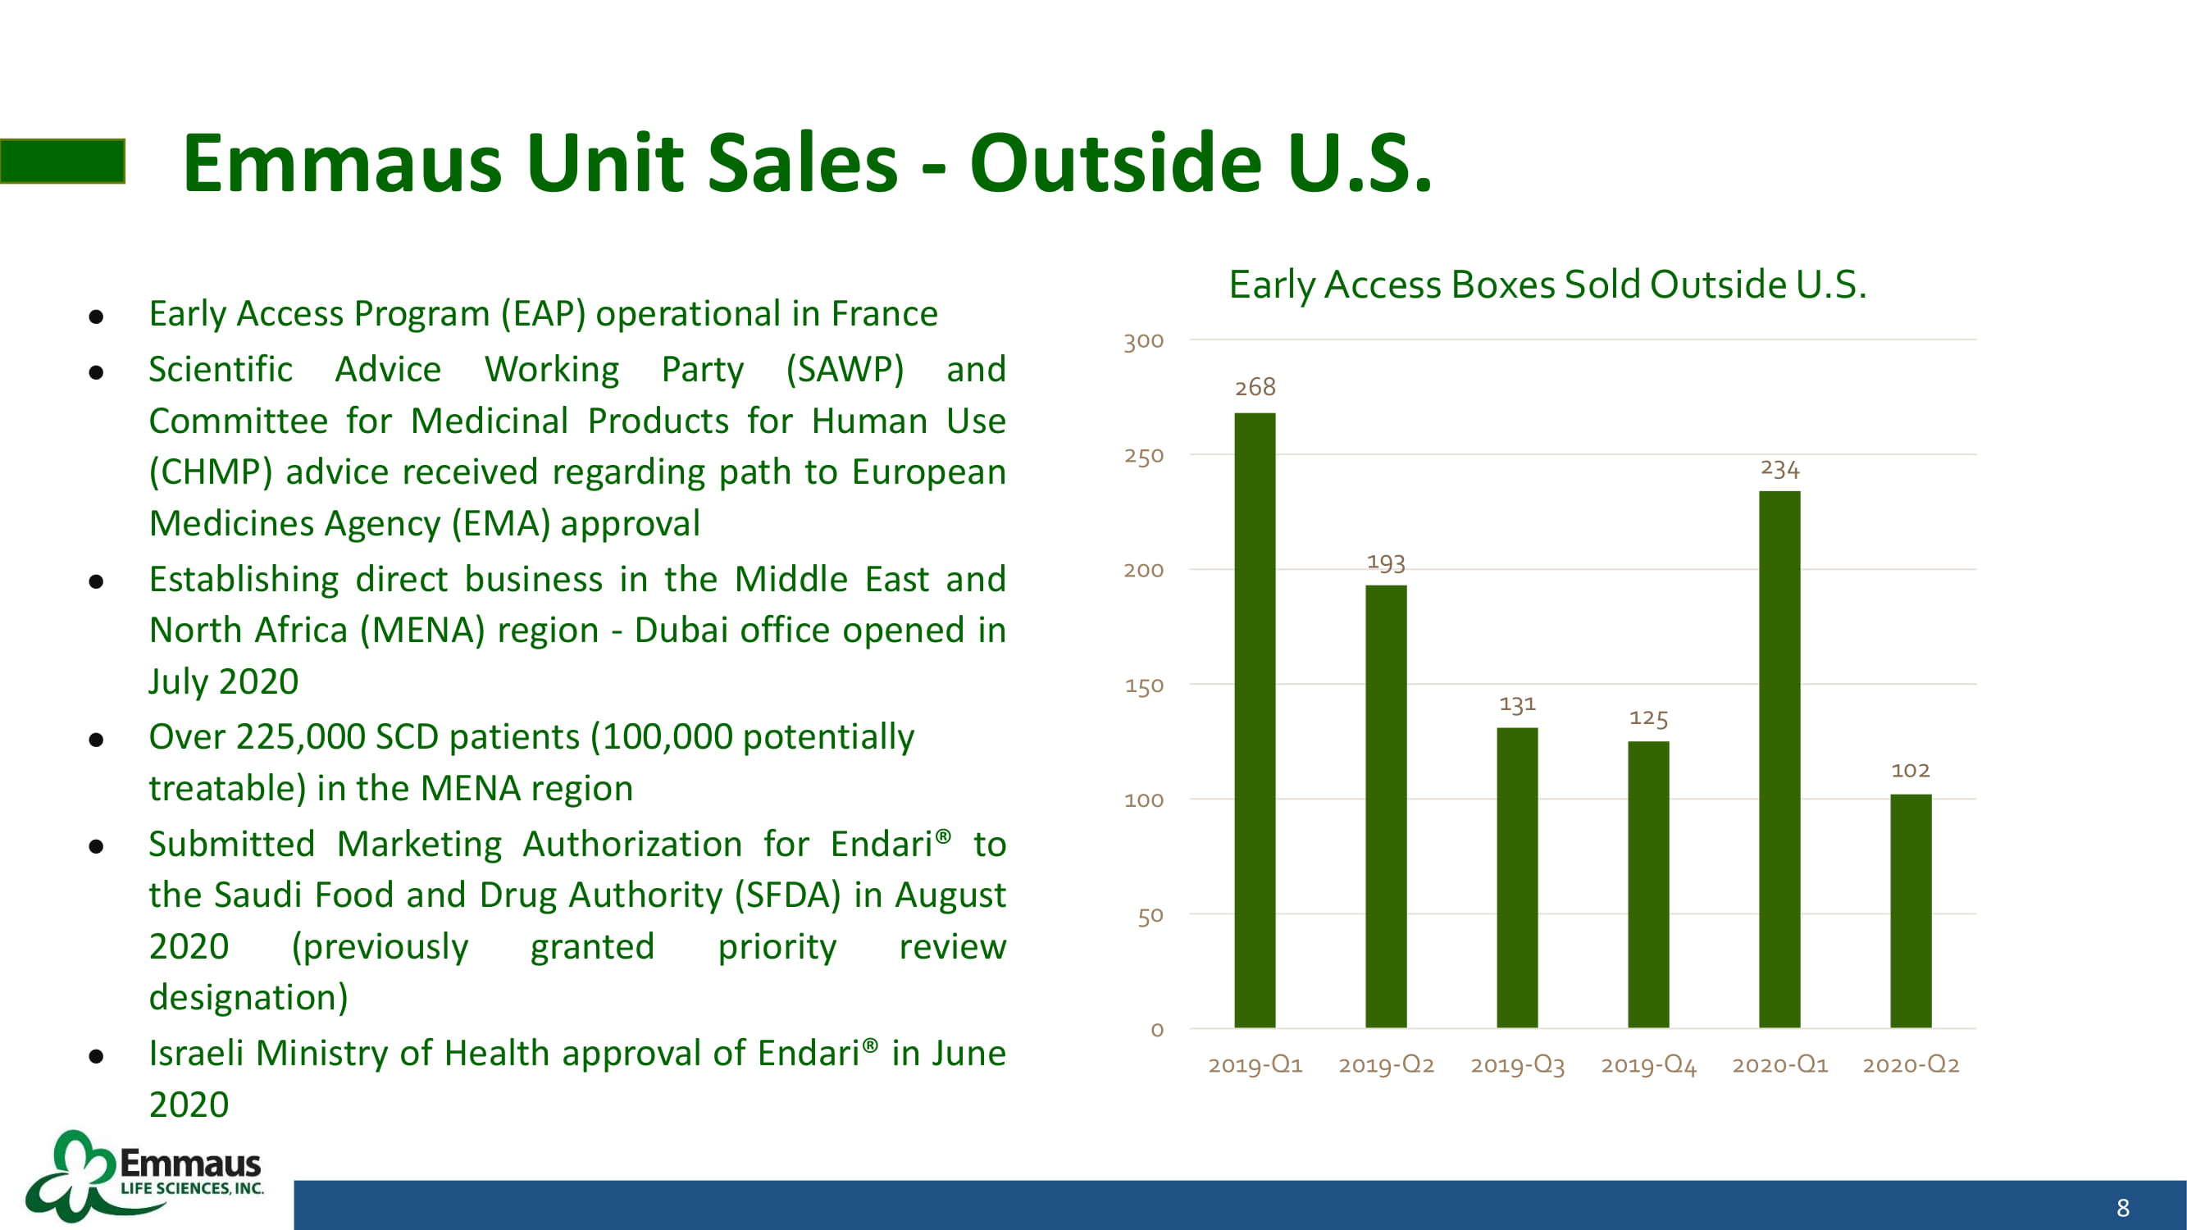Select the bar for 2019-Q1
[x=1255, y=720]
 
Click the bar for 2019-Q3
[x=1517, y=877]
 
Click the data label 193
[x=1386, y=563]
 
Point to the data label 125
[x=1648, y=718]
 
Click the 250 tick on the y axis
[x=1144, y=456]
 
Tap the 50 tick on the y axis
[x=1150, y=916]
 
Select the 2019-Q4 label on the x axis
[x=1648, y=1064]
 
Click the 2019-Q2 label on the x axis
[x=1386, y=1064]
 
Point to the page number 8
[x=2122, y=1207]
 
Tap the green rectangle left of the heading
[x=63, y=161]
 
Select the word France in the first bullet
[x=884, y=313]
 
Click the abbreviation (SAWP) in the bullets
[x=845, y=370]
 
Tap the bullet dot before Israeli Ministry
[x=96, y=1056]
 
